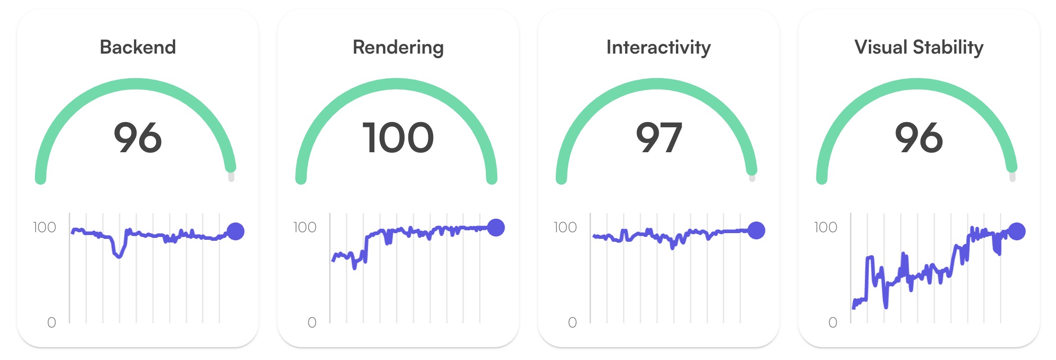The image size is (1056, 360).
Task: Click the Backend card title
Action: [x=138, y=47]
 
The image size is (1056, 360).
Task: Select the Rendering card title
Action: [x=398, y=47]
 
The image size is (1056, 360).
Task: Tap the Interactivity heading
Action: [x=658, y=47]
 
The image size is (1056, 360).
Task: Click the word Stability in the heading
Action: [x=948, y=47]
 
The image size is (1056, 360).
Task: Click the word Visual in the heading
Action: [x=881, y=47]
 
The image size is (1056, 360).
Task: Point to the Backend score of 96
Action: [x=138, y=138]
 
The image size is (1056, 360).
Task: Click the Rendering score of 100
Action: [x=398, y=138]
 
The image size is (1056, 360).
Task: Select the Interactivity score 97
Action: [x=659, y=138]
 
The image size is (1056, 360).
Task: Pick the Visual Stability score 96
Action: [x=919, y=138]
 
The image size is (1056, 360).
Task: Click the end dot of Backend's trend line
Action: [x=236, y=231]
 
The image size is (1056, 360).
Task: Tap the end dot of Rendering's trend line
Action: [x=496, y=227]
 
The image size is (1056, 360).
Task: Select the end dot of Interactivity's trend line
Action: [x=756, y=230]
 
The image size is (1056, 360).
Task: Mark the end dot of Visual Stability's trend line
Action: [x=1017, y=231]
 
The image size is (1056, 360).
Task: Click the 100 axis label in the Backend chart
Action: [x=45, y=227]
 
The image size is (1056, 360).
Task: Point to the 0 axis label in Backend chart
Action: [x=52, y=323]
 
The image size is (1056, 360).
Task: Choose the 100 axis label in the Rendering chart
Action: [x=305, y=227]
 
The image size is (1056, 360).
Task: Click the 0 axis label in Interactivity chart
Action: [x=573, y=323]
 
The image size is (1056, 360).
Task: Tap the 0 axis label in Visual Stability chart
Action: [x=833, y=323]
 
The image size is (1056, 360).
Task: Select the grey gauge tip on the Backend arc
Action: [x=231, y=178]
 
